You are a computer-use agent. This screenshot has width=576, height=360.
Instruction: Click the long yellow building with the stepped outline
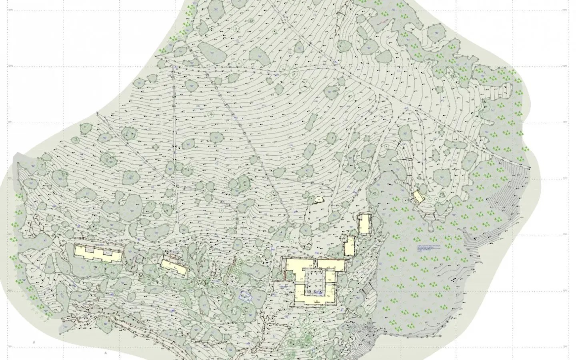98,254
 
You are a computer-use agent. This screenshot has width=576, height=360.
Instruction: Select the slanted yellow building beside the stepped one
174,267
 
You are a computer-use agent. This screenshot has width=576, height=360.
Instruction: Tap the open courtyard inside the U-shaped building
314,282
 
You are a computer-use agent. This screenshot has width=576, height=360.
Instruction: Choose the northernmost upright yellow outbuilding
364,223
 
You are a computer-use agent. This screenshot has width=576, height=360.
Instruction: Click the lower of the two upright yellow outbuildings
350,246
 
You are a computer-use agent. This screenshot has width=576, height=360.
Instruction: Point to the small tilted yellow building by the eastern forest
418,196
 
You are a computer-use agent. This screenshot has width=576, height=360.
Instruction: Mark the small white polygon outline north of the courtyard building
319,199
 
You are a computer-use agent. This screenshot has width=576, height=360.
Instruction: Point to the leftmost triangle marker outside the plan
34,342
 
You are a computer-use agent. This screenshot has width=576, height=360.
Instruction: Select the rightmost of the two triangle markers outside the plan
105,354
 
